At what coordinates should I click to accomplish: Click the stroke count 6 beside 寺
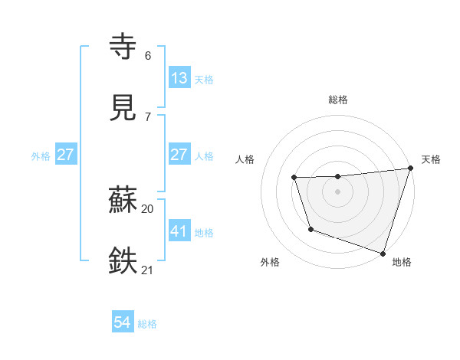coord(147,56)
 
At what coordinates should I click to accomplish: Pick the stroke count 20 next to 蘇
coord(147,208)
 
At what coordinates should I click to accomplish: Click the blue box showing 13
coord(179,77)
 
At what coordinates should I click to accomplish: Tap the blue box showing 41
coord(179,231)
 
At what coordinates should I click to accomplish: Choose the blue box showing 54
coord(123,322)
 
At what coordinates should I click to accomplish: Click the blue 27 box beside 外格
coord(66,155)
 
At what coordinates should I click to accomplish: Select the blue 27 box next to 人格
coord(179,154)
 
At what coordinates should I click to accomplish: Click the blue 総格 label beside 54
coord(148,324)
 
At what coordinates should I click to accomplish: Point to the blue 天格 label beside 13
coord(204,79)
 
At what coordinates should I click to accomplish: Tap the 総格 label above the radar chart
coord(338,100)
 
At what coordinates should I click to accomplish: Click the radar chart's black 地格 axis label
coord(402,262)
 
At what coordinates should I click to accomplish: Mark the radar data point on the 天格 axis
coord(410,169)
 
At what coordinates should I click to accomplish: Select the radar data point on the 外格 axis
coord(310,229)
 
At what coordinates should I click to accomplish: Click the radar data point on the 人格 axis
coord(294,178)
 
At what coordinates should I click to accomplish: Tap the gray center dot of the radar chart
coord(338,191)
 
